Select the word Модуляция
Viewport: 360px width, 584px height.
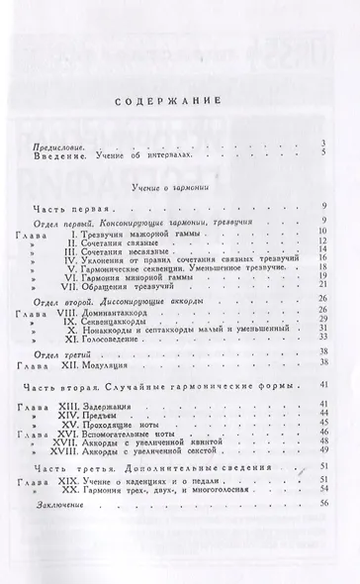point(95,363)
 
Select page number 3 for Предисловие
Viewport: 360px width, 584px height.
point(323,145)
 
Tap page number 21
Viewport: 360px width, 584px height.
point(322,284)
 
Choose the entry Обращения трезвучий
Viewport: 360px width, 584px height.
point(118,284)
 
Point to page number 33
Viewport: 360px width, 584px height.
point(322,339)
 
